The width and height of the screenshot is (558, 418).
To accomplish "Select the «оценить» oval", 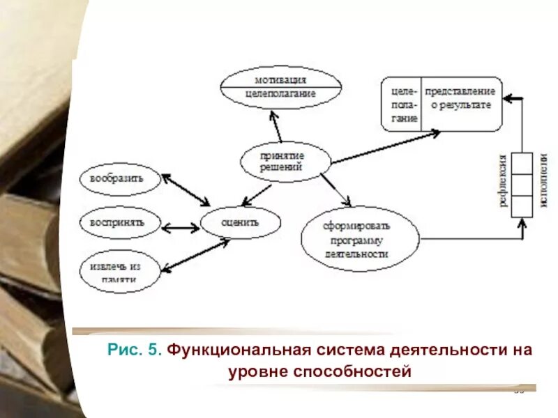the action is tap(241, 223).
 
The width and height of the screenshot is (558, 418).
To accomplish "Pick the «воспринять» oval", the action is tap(121, 223).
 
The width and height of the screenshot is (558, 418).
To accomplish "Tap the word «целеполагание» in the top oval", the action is tap(280, 93).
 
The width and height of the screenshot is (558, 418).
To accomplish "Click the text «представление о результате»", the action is tap(460, 98).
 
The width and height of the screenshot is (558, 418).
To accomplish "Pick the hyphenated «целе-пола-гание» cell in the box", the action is tap(402, 104).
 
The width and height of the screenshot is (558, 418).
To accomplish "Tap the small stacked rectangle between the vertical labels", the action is tap(522, 185).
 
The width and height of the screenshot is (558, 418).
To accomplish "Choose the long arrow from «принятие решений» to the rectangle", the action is tap(385, 147).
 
